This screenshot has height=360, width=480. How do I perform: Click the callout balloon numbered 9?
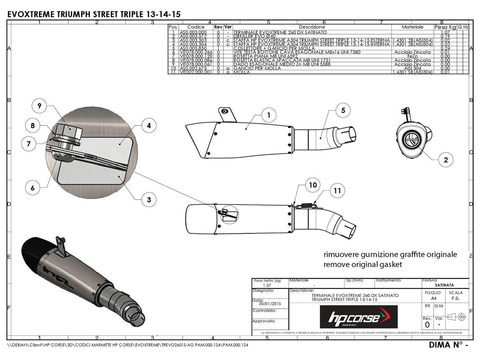(39, 106)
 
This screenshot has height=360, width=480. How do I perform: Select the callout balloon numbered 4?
(149, 126)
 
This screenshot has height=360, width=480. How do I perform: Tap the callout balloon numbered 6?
(33, 188)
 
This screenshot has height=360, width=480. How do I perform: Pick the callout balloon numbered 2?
(446, 159)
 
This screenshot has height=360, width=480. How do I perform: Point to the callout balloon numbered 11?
(337, 191)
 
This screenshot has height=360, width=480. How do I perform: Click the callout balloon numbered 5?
(343, 111)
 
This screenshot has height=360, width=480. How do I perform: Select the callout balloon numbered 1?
(269, 115)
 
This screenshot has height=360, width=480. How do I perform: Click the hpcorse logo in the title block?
(358, 317)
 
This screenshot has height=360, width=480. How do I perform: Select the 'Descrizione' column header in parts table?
(312, 27)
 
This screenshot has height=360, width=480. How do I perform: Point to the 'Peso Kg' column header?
(445, 27)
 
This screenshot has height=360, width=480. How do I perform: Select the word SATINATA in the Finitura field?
(444, 285)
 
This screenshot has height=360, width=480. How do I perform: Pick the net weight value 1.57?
(267, 286)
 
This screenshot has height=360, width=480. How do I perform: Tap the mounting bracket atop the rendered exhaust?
(61, 245)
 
